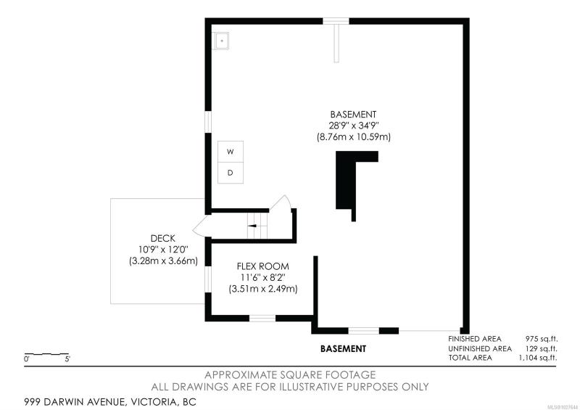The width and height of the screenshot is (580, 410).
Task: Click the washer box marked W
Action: pyautogui.click(x=230, y=152)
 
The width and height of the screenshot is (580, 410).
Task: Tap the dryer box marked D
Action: pyautogui.click(x=230, y=173)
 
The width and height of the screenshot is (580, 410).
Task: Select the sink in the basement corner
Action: pyautogui.click(x=222, y=41)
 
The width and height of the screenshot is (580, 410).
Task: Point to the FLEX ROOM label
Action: pyautogui.click(x=263, y=266)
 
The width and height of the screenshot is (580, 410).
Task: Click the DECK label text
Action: pyautogui.click(x=162, y=238)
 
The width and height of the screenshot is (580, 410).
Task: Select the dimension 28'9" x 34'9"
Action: pyautogui.click(x=354, y=126)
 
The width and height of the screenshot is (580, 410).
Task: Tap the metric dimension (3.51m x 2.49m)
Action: pyautogui.click(x=263, y=289)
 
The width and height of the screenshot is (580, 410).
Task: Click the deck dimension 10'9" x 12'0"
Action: pyautogui.click(x=163, y=249)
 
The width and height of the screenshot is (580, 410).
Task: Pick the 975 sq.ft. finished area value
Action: pyautogui.click(x=542, y=339)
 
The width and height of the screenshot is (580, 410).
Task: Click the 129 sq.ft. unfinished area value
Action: pyautogui.click(x=542, y=348)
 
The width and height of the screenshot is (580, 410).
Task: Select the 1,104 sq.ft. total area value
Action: pyautogui.click(x=538, y=358)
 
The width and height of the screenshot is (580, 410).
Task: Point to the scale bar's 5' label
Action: pyautogui.click(x=67, y=359)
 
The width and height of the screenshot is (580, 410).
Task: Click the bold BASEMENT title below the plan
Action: pyautogui.click(x=343, y=348)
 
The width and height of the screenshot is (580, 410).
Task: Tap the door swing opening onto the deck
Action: pyautogui.click(x=200, y=226)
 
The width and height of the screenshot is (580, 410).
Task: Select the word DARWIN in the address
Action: pyautogui.click(x=66, y=402)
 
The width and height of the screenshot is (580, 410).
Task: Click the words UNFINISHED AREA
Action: pyautogui.click(x=480, y=348)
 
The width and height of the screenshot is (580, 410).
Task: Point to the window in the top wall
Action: pyautogui.click(x=336, y=21)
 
